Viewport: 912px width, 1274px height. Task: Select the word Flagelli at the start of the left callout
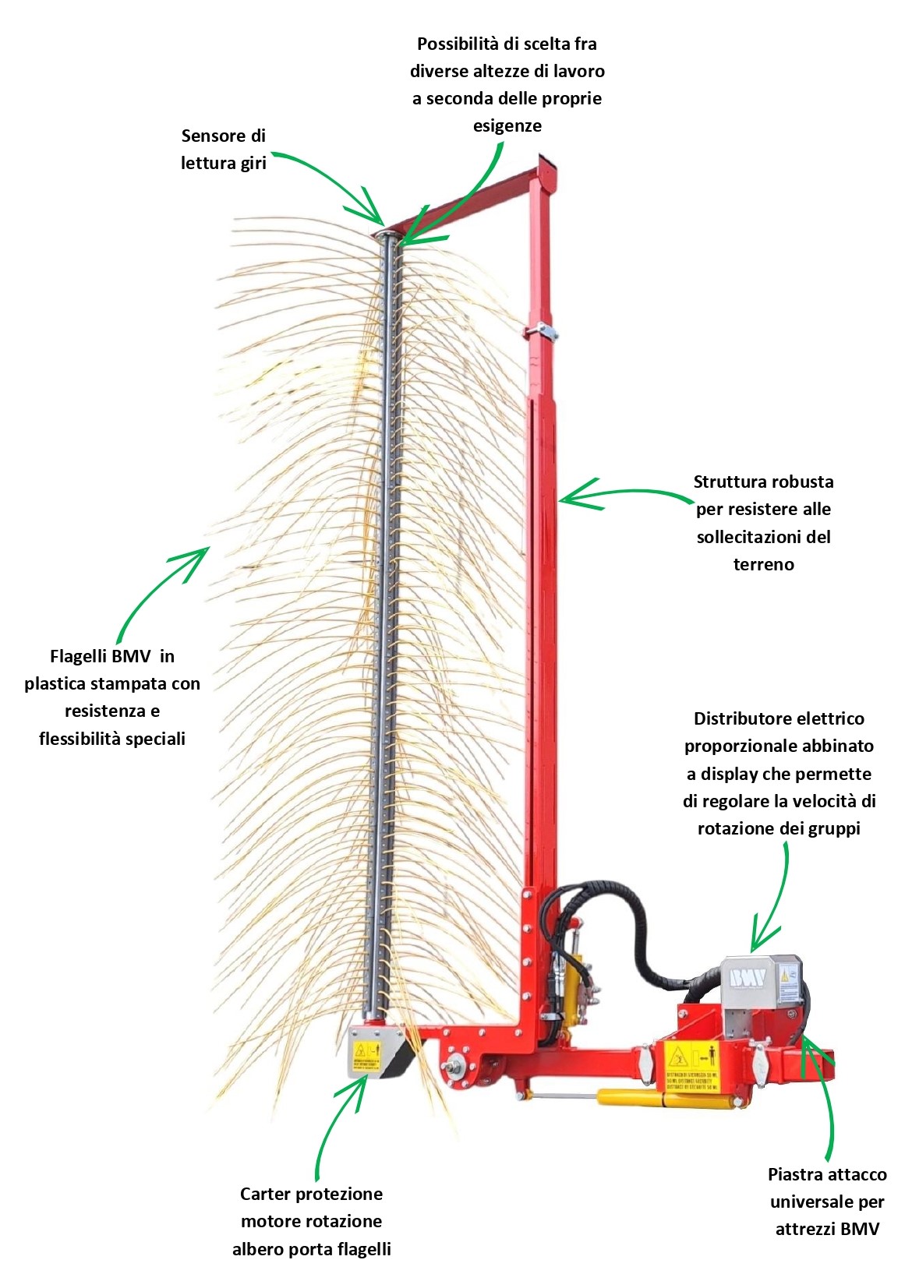click(78, 656)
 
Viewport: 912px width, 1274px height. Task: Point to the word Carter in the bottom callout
click(264, 1194)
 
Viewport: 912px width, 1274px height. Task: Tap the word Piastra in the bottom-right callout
click(795, 1174)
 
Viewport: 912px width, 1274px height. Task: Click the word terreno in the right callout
click(763, 564)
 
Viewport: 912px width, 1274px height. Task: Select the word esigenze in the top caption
click(507, 125)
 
